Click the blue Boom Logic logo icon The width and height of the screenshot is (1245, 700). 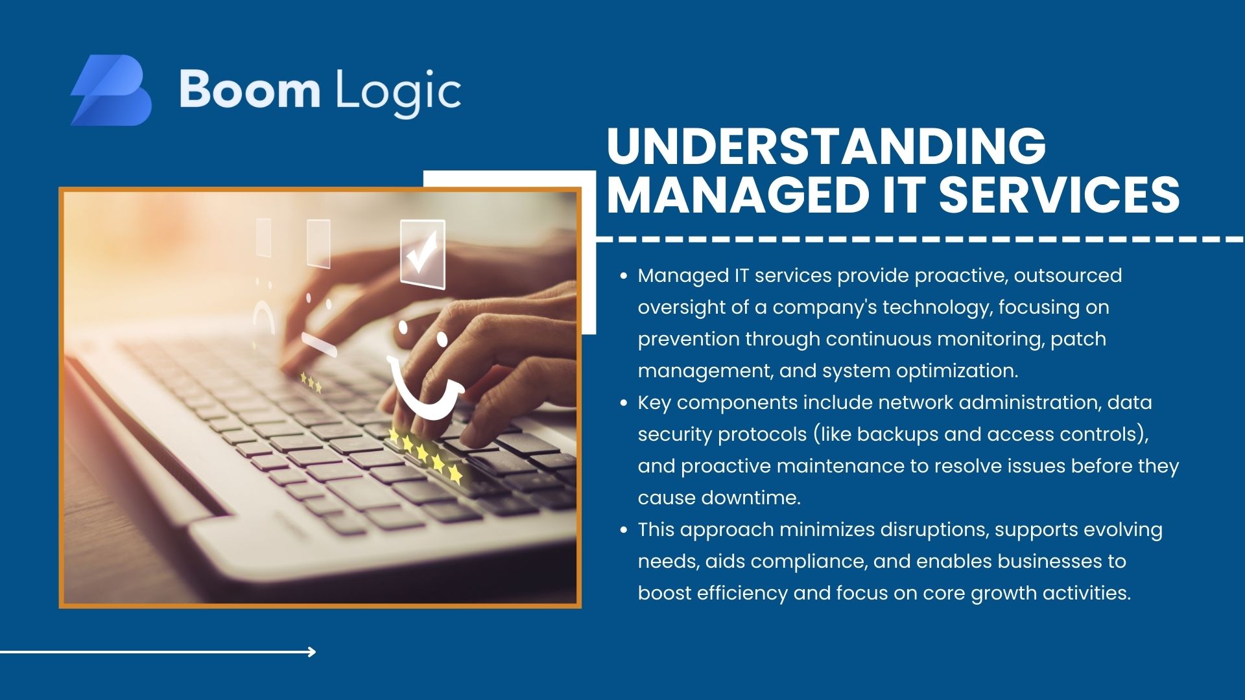point(111,90)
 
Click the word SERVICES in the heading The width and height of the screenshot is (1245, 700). point(1059,194)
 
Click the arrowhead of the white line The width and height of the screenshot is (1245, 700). point(312,652)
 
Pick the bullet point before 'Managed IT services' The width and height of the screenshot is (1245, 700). point(624,276)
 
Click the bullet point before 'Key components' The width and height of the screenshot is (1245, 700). point(624,403)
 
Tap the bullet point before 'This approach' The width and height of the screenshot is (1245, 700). point(624,530)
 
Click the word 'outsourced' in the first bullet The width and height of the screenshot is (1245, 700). point(1068,275)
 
